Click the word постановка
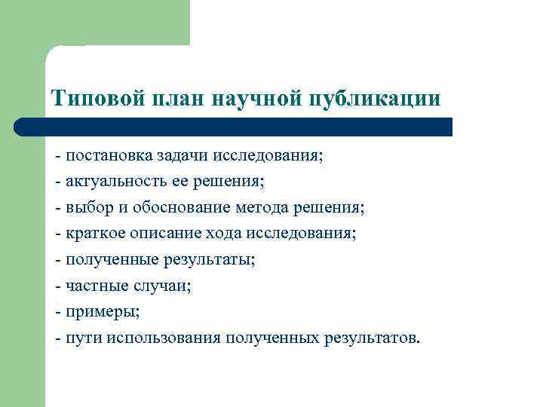109,156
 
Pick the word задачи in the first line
183,156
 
